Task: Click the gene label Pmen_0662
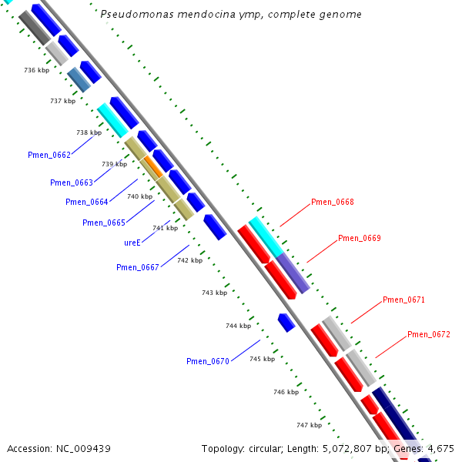[49, 155]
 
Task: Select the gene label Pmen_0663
[71, 182]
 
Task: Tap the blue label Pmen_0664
[86, 202]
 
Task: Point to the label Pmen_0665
[103, 223]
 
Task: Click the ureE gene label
[132, 243]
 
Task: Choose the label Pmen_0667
[137, 267]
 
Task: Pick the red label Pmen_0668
[333, 202]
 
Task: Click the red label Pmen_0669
[359, 238]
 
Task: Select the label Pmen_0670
[207, 361]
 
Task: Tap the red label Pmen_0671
[403, 300]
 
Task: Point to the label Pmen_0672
[428, 334]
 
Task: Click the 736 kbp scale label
[36, 70]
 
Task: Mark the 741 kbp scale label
[165, 228]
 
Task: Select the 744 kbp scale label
[238, 326]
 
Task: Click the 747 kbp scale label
[309, 425]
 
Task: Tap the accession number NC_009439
[59, 448]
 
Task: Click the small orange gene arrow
[152, 166]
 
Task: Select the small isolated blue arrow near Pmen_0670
[286, 322]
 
